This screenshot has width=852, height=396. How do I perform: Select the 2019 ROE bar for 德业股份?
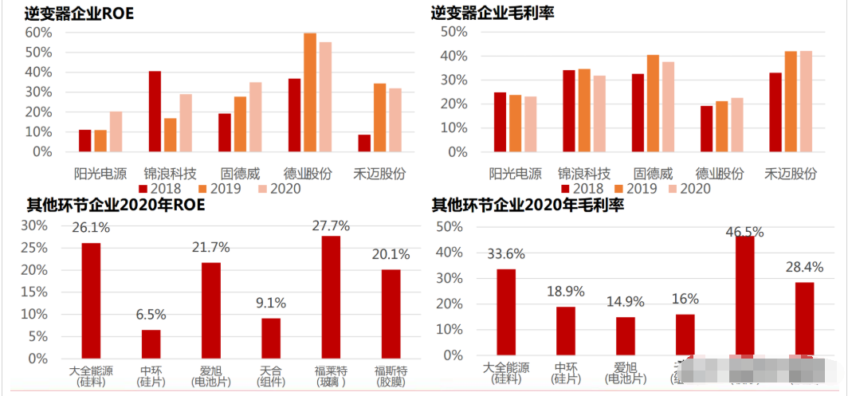tap(310, 92)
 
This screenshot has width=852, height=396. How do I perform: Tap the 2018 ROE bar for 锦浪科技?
tap(155, 112)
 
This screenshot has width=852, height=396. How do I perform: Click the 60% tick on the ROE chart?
tap(38, 33)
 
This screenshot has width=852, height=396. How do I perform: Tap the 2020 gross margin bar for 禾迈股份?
tap(806, 101)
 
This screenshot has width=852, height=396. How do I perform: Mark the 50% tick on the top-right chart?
tap(455, 31)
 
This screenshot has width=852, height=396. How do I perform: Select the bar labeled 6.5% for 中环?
tap(151, 344)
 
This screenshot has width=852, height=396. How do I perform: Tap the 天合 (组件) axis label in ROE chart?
tap(272, 375)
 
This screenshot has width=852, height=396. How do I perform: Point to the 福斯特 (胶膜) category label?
tap(392, 375)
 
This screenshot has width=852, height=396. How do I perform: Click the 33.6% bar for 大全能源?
tap(506, 312)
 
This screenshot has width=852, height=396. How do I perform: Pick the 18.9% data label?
tap(566, 292)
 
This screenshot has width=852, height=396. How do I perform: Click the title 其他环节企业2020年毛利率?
tap(527, 206)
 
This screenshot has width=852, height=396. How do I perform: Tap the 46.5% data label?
tap(744, 232)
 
